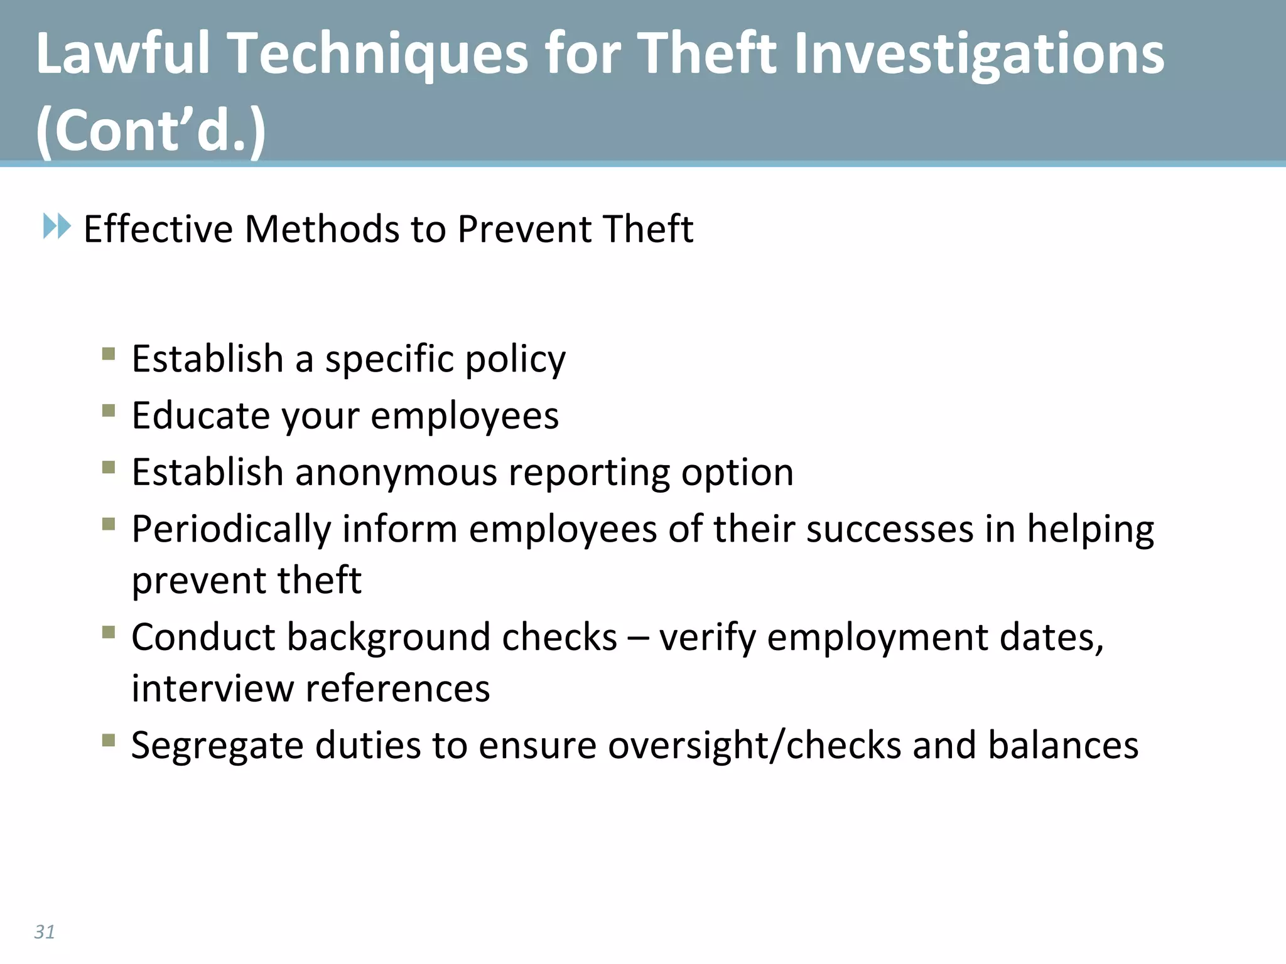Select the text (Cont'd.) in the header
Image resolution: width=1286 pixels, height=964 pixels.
point(151,131)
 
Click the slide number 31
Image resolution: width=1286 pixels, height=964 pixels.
point(45,932)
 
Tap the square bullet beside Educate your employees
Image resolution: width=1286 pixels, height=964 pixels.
point(109,411)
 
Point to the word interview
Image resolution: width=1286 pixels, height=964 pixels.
point(212,688)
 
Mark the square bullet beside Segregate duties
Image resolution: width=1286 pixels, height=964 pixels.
point(109,741)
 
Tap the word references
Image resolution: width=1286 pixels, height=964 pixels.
point(397,688)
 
